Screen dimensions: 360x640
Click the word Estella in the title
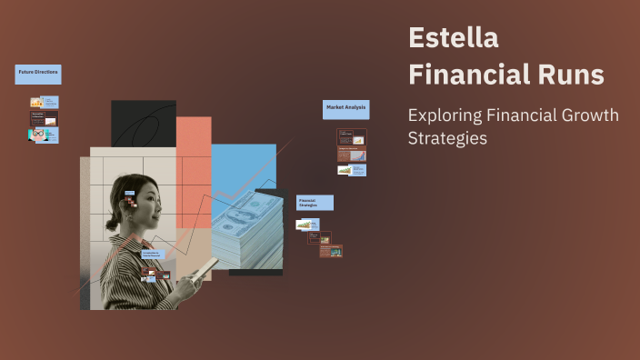[454, 38]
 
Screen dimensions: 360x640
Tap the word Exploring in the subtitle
[444, 115]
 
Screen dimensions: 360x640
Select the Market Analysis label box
[345, 108]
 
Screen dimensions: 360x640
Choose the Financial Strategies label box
[315, 203]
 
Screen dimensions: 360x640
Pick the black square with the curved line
[144, 123]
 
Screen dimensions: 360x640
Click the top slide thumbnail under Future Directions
[44, 103]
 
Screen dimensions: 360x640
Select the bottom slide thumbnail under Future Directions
[44, 135]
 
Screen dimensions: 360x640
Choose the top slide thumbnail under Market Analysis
[352, 137]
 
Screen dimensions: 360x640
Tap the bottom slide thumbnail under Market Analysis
[352, 169]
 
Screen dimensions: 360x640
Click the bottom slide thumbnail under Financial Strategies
[331, 251]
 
